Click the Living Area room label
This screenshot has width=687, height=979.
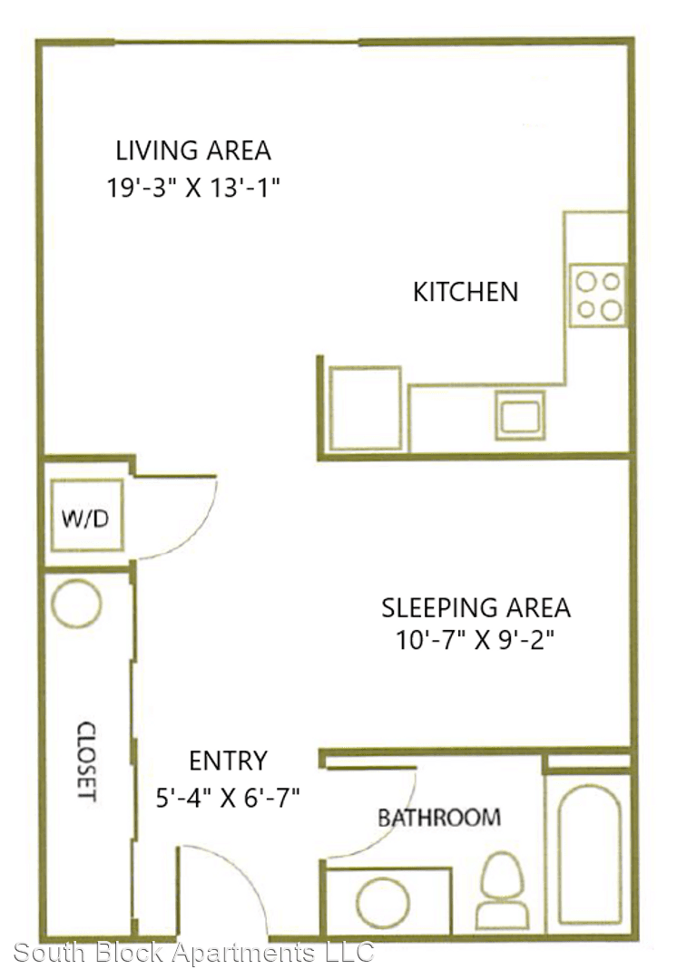tap(193, 150)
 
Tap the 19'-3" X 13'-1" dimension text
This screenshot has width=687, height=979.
tap(193, 187)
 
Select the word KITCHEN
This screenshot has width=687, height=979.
tap(466, 292)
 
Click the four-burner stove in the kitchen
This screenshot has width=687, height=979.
tap(598, 296)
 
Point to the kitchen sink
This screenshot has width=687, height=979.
tap(520, 415)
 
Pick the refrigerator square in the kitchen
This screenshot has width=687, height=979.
tap(365, 408)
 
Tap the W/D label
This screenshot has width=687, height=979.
tap(85, 518)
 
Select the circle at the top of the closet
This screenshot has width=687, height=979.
tap(76, 604)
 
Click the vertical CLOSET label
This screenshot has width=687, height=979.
tap(86, 761)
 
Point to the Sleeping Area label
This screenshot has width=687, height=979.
tap(476, 607)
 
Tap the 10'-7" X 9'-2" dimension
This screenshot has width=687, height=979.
tap(476, 640)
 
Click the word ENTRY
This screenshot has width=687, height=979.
tap(228, 761)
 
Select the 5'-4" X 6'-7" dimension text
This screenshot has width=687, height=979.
tap(228, 798)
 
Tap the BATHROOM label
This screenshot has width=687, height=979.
tap(439, 818)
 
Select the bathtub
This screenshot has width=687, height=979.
tap(590, 854)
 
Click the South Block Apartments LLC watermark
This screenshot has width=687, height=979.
tap(194, 952)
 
